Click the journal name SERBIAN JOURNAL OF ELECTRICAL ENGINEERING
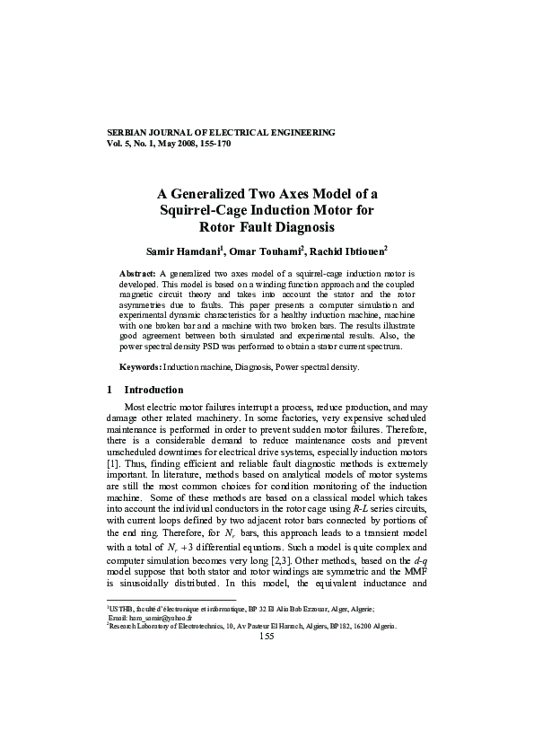[x=221, y=132]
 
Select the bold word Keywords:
[x=141, y=368]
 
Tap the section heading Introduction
[x=153, y=391]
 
